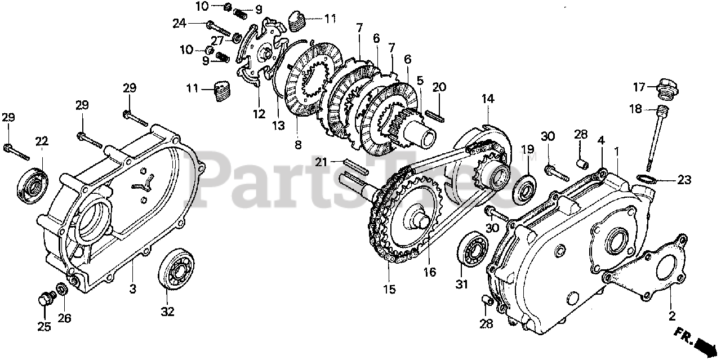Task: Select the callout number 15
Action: (x=389, y=289)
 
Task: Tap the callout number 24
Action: (x=180, y=24)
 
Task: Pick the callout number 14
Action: (x=487, y=99)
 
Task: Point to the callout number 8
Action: (x=298, y=144)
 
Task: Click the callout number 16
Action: (x=430, y=272)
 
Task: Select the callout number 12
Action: (x=259, y=114)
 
